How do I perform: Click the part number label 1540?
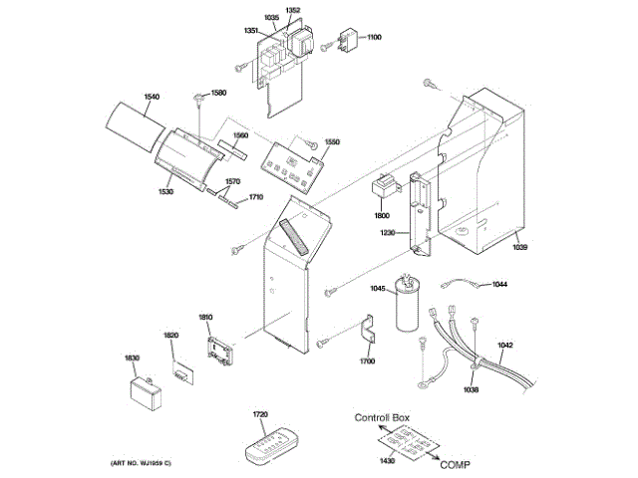coord(152,97)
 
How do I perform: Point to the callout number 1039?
coord(523,247)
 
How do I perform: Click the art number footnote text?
coord(141,464)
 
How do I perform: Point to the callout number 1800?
coord(382,215)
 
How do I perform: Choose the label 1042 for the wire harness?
coord(505,346)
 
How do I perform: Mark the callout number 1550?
coord(332,142)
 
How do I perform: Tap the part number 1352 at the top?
coord(292,10)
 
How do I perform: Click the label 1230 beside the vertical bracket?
coord(388,233)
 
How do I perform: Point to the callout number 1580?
coord(218,93)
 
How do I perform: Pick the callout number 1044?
coord(500,285)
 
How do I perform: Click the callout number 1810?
coord(205,317)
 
